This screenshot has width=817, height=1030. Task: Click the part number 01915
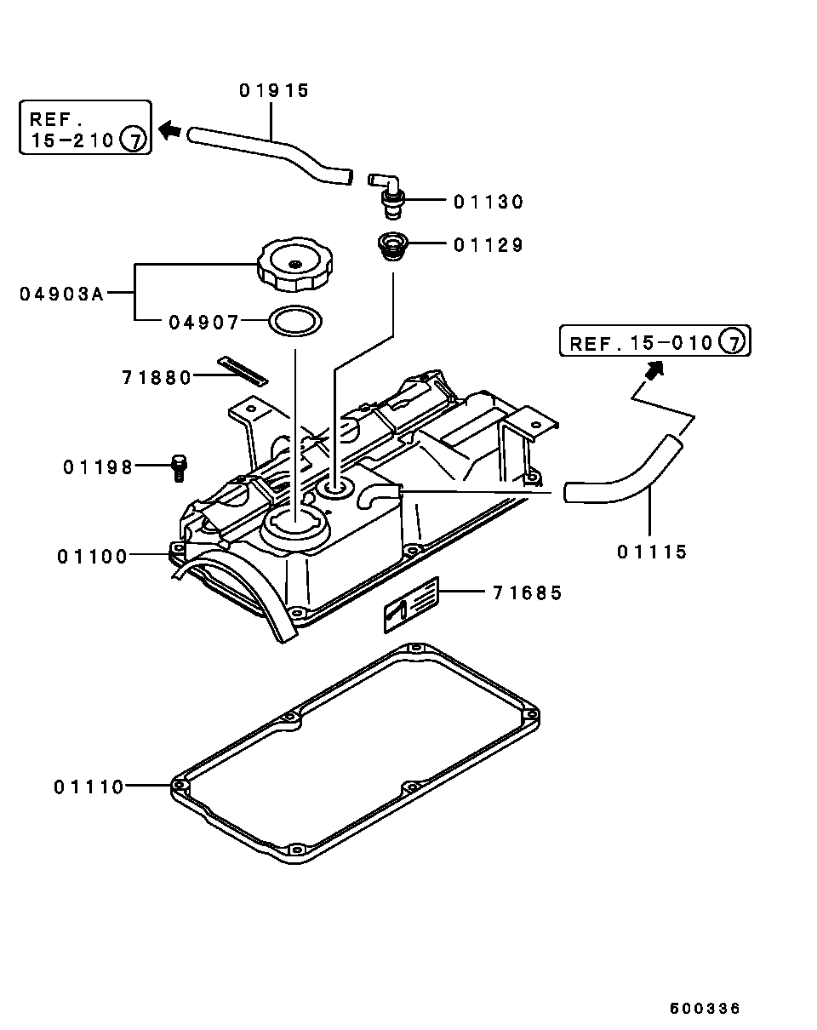(x=274, y=90)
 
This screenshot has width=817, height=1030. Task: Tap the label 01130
(x=488, y=202)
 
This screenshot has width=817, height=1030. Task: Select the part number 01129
(x=488, y=245)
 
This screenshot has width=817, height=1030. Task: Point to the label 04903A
(x=62, y=294)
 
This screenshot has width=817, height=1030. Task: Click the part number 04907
(x=204, y=323)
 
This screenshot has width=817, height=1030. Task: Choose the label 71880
(x=157, y=378)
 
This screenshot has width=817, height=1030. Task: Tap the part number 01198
(x=98, y=467)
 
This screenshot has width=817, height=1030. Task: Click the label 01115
(x=652, y=552)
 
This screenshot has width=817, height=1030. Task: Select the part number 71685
(x=528, y=593)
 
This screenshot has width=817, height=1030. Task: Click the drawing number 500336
(x=705, y=1005)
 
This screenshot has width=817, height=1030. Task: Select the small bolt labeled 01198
(x=179, y=468)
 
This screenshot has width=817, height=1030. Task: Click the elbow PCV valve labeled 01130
(x=388, y=195)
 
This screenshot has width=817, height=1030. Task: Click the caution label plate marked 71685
(x=411, y=605)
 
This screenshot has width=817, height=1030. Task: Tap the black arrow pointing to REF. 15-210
(x=170, y=129)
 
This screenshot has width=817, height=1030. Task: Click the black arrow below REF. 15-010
(x=654, y=370)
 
